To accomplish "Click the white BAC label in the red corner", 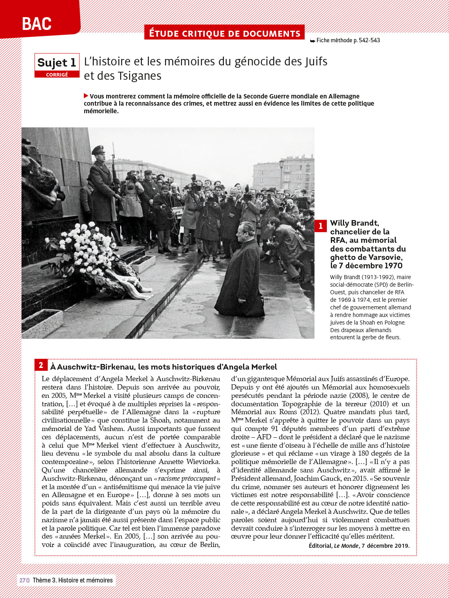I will point(37,24).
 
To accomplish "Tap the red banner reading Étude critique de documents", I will point(224,33).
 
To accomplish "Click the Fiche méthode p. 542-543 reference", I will point(345,40).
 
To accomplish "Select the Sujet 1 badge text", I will point(57,63).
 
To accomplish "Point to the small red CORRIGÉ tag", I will point(57,75).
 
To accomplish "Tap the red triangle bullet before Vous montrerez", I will point(86,96).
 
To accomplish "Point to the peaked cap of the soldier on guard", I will point(98,150).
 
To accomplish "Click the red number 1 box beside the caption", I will point(320,226).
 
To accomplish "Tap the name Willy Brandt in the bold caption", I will point(354,223).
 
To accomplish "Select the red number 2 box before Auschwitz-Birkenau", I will point(41,365).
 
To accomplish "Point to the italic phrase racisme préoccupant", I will point(187,478).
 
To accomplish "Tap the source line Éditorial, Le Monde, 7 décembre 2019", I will point(359,546).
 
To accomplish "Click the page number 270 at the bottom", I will point(24,580).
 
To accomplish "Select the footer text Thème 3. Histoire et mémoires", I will point(73,580).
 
